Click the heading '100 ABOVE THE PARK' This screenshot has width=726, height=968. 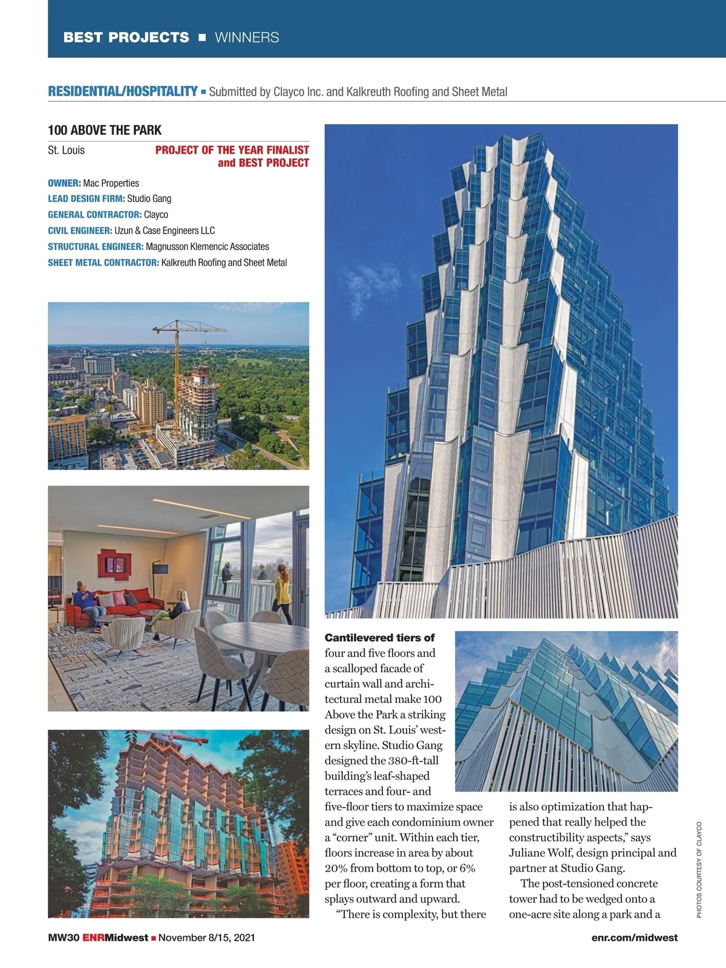tap(105, 130)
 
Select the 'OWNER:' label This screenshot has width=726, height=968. tap(64, 183)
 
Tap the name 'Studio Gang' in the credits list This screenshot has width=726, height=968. tap(149, 198)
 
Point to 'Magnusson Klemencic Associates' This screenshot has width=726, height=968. tap(207, 247)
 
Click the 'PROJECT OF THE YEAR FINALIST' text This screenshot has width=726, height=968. tap(232, 150)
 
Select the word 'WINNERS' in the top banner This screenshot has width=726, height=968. tap(247, 38)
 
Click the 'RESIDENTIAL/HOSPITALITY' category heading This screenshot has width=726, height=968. tap(122, 91)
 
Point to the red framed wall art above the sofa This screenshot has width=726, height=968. tap(114, 564)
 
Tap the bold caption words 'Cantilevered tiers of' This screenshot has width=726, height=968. tap(379, 638)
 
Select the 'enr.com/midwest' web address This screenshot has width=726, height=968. tap(635, 938)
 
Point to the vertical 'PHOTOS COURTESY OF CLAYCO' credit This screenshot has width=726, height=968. tap(699, 869)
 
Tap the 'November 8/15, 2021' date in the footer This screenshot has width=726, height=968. tap(206, 938)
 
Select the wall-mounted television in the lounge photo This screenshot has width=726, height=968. tap(159, 568)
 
